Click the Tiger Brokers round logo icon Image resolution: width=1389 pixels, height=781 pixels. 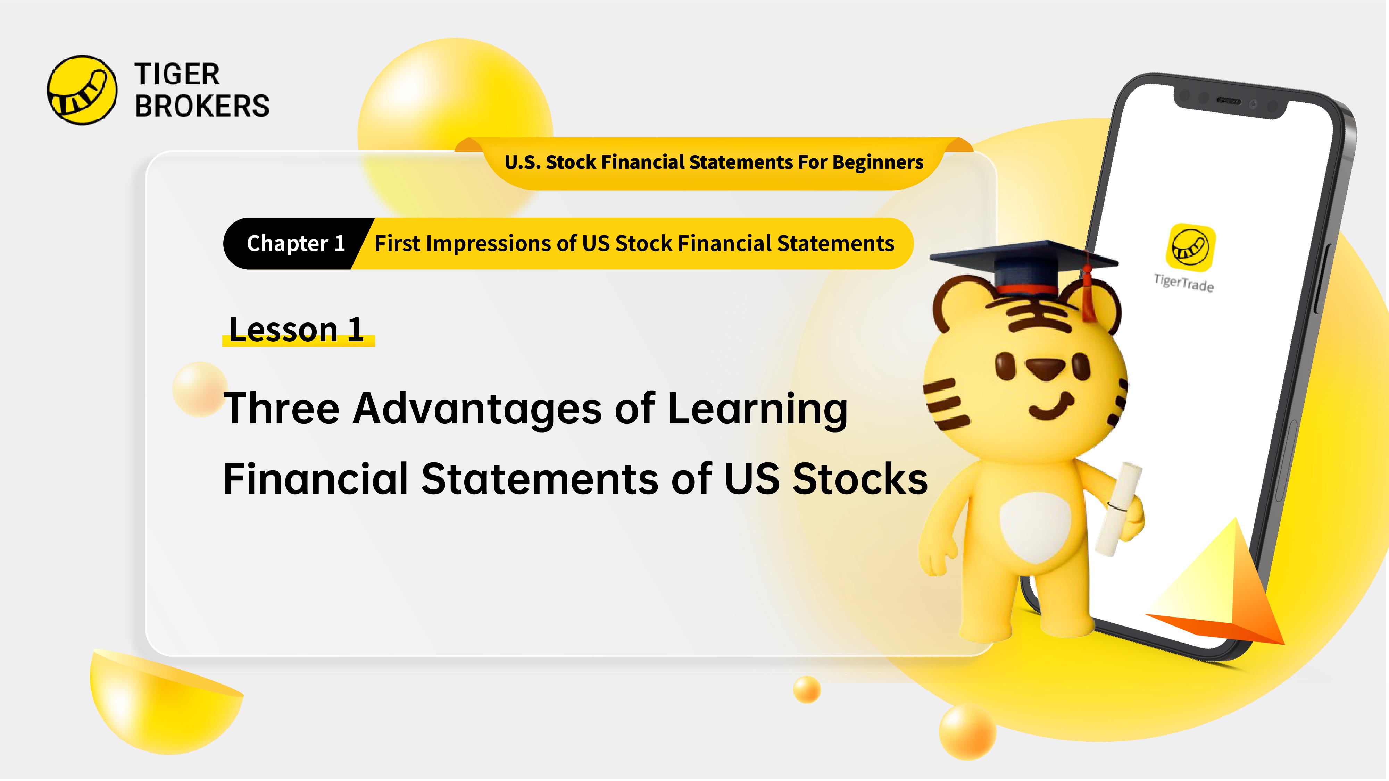point(82,90)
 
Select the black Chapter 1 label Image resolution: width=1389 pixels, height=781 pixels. point(294,244)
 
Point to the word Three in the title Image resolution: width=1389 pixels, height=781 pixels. point(282,409)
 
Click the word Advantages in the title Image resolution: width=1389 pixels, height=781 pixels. point(477,409)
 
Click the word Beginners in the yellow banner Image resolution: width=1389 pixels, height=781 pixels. point(878,162)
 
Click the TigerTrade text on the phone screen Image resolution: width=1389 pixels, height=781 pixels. point(1183,283)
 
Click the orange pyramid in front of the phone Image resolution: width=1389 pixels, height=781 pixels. point(1224,588)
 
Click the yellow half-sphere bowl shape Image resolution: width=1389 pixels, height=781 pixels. point(162,701)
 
